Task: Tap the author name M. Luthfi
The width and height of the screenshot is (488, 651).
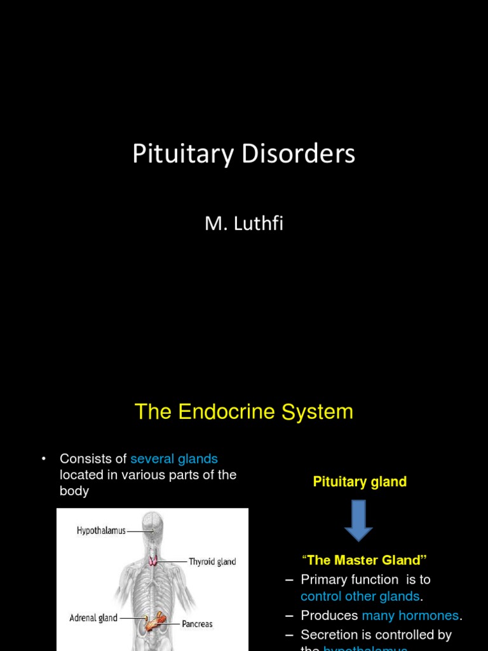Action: [x=243, y=224]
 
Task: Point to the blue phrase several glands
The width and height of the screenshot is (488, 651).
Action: [x=174, y=459]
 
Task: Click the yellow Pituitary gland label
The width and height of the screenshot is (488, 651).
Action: [x=360, y=482]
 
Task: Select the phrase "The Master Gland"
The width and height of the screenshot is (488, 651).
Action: [x=364, y=560]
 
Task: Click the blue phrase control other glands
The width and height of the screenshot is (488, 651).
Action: [x=360, y=596]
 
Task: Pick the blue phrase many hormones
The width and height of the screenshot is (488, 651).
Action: [x=410, y=615]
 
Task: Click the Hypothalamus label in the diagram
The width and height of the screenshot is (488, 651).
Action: [x=101, y=530]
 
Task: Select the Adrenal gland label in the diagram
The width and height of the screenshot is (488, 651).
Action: [x=93, y=617]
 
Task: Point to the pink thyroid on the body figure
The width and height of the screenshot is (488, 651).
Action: [x=153, y=561]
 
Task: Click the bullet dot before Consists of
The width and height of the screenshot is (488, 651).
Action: [x=44, y=459]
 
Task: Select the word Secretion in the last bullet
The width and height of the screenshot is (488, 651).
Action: [x=328, y=634]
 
